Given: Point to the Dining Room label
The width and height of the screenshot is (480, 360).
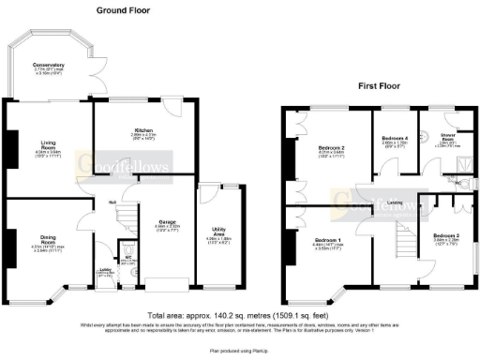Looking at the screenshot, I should [33, 238].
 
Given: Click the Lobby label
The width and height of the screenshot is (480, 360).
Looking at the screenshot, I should [105, 272].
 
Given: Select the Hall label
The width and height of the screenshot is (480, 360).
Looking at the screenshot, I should [111, 201].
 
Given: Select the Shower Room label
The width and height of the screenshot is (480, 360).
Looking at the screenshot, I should [437, 137].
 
